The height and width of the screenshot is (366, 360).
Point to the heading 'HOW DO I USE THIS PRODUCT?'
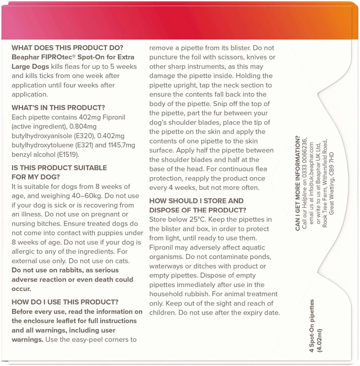click(x=65, y=302)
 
